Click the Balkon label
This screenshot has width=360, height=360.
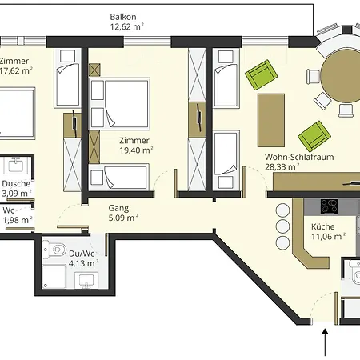pyautogui.click(x=123, y=17)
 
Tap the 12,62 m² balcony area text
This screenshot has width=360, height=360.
pyautogui.click(x=126, y=26)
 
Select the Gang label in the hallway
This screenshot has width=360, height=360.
pyautogui.click(x=118, y=208)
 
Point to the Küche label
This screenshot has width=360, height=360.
pyautogui.click(x=322, y=226)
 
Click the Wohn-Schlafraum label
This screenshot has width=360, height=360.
pyautogui.click(x=299, y=157)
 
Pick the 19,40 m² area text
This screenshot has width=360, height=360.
pyautogui.click(x=136, y=150)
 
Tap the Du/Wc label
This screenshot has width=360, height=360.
pyautogui.click(x=82, y=254)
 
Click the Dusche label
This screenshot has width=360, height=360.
pyautogui.click(x=16, y=183)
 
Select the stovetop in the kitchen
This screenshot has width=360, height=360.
pyautogui.click(x=329, y=206)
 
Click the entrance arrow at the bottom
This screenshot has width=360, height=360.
pyautogui.click(x=325, y=342)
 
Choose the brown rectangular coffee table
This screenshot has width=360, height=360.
pyautogui.click(x=271, y=120)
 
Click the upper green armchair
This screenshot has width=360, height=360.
pyautogui.click(x=261, y=74)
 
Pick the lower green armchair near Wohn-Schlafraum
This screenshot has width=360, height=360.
pyautogui.click(x=314, y=136)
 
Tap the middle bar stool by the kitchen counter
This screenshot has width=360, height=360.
pyautogui.click(x=282, y=226)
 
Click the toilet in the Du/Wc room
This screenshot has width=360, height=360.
pyautogui.click(x=54, y=250)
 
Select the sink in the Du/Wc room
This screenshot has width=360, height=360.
pyautogui.click(x=86, y=281)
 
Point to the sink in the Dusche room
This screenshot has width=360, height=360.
pyautogui.click(x=16, y=165)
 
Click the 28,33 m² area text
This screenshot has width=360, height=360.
pyautogui.click(x=282, y=167)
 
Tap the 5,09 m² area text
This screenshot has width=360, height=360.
pyautogui.click(x=123, y=218)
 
